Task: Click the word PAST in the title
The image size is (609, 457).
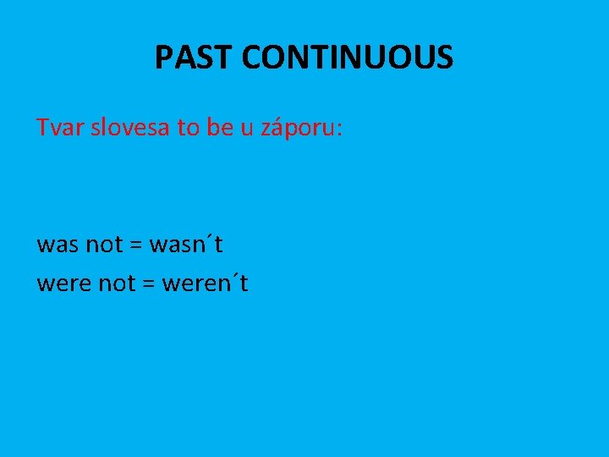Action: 194,58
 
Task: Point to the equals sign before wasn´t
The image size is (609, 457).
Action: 136,246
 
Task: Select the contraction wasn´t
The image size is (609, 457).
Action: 186,245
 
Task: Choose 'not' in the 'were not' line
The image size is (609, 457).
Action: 118,284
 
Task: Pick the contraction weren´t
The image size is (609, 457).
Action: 204,284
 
